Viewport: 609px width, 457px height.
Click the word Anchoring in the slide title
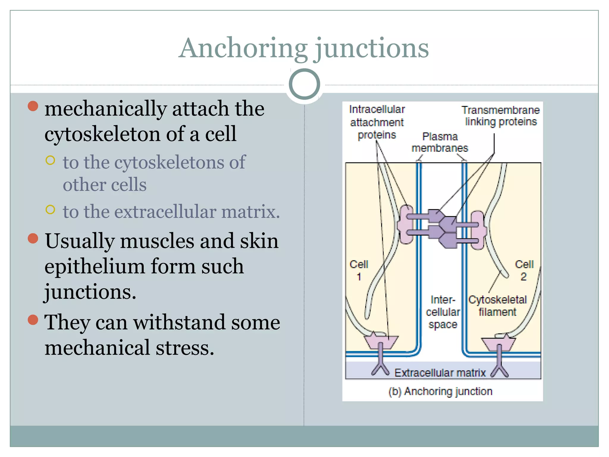pos(243,48)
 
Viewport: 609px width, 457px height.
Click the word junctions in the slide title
pos(372,48)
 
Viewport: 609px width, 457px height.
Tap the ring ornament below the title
pos(304,84)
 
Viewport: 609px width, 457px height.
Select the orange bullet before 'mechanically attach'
pos(33,106)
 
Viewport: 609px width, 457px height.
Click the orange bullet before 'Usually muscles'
pos(33,238)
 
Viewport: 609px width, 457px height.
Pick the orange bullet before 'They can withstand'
pos(33,320)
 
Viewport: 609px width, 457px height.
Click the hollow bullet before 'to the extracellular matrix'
pos(51,209)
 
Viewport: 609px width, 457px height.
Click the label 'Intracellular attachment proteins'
pos(377,122)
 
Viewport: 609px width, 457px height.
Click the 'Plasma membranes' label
pos(440,142)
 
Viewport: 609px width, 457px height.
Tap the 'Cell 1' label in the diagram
pos(359,270)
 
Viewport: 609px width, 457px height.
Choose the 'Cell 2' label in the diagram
pos(524,270)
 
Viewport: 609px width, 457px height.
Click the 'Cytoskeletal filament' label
pos(497,306)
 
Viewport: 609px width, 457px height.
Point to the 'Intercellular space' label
pos(443,312)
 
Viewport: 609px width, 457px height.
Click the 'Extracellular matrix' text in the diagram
pos(440,373)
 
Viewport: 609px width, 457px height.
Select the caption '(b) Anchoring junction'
pos(440,391)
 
